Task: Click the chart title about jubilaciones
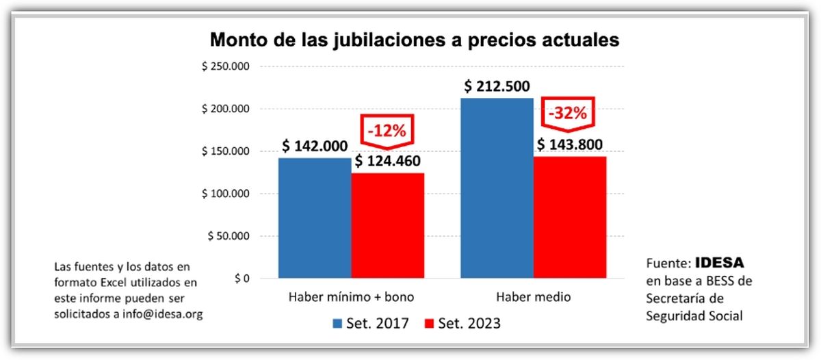pos(414,40)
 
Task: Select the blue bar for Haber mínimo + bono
pos(315,218)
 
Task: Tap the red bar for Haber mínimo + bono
pos(387,226)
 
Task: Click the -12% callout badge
pos(387,130)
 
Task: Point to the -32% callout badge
pos(569,114)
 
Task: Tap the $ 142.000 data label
pos(315,147)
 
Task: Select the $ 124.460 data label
pos(387,163)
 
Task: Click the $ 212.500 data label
pos(497,87)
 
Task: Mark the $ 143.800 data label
pos(569,145)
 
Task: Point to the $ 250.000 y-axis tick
pos(225,66)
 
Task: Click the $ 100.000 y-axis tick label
pos(225,194)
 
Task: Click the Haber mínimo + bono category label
pos(351,297)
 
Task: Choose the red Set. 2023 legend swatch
pos(429,323)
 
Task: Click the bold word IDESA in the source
pos(719,263)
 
